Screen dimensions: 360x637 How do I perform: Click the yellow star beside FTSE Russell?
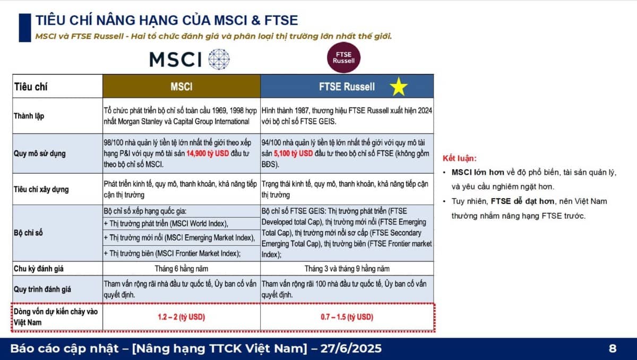[x=398, y=87]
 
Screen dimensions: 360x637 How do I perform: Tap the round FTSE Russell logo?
[x=343, y=57]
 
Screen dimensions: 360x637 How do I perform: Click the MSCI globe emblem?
[x=219, y=59]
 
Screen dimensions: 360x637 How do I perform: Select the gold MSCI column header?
[x=181, y=87]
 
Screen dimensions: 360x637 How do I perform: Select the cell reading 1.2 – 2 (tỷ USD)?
[x=181, y=317]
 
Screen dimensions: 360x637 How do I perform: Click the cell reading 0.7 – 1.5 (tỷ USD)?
[x=347, y=317]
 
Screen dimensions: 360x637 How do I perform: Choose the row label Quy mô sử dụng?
[x=40, y=154]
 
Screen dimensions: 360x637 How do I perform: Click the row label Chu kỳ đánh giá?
[x=39, y=269]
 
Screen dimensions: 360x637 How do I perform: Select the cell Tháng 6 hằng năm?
[x=181, y=269]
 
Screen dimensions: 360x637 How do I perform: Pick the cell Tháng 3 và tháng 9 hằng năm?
[x=347, y=269]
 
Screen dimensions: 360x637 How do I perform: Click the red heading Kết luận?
[x=460, y=158]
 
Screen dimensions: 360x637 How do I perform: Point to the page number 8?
[x=613, y=349]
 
